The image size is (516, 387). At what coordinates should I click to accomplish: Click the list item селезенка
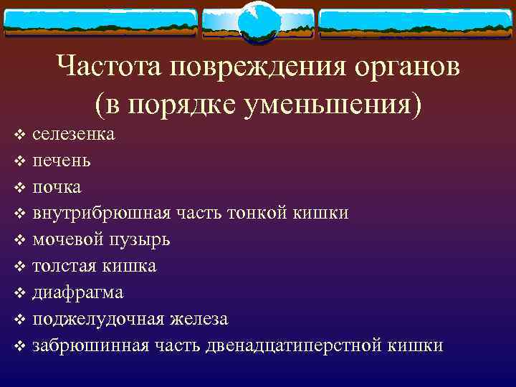pos(74,134)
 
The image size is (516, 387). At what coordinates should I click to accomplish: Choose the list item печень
pos(62,161)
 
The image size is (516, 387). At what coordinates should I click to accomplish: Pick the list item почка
pos(57,187)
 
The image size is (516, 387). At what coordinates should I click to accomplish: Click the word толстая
pos(65,266)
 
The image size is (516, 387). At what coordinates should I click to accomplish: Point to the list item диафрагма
pos(77,292)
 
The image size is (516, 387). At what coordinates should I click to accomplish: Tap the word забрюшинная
pos(91,345)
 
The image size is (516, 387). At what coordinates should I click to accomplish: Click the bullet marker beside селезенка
pos(20,135)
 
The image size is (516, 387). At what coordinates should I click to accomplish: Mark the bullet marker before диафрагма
pos(20,293)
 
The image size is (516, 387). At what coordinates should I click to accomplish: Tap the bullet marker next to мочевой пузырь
pos(20,240)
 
